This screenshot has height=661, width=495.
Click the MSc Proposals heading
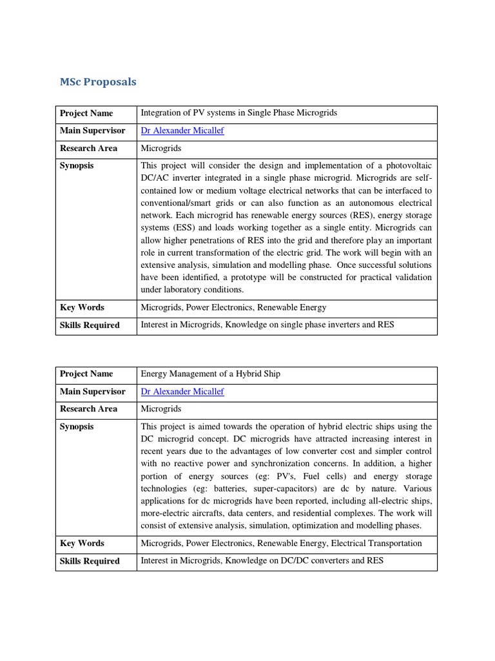98,82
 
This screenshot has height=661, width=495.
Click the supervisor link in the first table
182,131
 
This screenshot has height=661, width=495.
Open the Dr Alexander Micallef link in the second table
182,392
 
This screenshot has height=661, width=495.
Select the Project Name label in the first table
86,114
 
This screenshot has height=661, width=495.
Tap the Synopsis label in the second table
77,427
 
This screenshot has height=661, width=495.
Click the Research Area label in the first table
88,148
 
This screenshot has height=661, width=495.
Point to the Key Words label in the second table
82,544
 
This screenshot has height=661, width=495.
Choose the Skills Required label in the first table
90,325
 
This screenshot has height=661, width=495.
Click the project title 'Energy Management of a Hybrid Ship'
210,374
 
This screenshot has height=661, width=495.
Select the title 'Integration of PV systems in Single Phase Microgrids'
238,113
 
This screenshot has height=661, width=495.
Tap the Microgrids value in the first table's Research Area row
161,148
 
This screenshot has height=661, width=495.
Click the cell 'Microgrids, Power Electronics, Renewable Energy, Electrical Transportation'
281,544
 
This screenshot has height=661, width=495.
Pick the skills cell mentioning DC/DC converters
262,561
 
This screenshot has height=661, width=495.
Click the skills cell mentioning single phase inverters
267,325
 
